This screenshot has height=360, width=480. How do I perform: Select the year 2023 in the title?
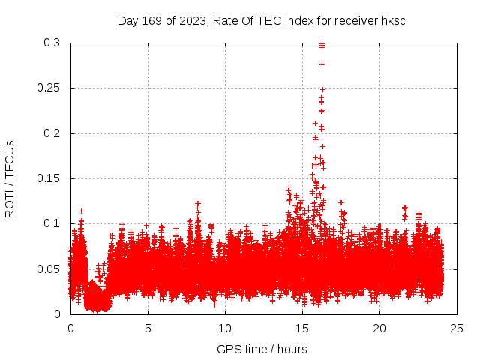(188, 20)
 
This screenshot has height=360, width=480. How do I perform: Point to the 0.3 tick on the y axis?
(52, 43)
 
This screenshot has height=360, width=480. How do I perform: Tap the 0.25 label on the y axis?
(49, 88)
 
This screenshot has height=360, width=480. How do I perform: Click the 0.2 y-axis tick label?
(52, 133)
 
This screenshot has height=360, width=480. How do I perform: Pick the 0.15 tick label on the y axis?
(49, 178)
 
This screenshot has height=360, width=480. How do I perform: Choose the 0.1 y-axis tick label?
(52, 223)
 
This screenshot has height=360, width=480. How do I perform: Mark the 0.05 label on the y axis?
(49, 268)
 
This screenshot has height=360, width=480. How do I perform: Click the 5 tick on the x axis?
(148, 328)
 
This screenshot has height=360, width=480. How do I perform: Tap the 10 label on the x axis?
(226, 328)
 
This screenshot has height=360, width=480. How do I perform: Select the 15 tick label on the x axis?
(303, 328)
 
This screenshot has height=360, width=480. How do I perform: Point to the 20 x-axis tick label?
(380, 328)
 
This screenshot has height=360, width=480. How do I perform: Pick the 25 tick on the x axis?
(457, 328)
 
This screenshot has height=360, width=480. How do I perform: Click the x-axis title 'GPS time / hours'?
(262, 349)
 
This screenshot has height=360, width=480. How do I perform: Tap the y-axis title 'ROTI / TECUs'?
(10, 178)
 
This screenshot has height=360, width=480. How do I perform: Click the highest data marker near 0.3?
(322, 44)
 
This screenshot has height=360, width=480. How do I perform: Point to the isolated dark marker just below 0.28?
(322, 64)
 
